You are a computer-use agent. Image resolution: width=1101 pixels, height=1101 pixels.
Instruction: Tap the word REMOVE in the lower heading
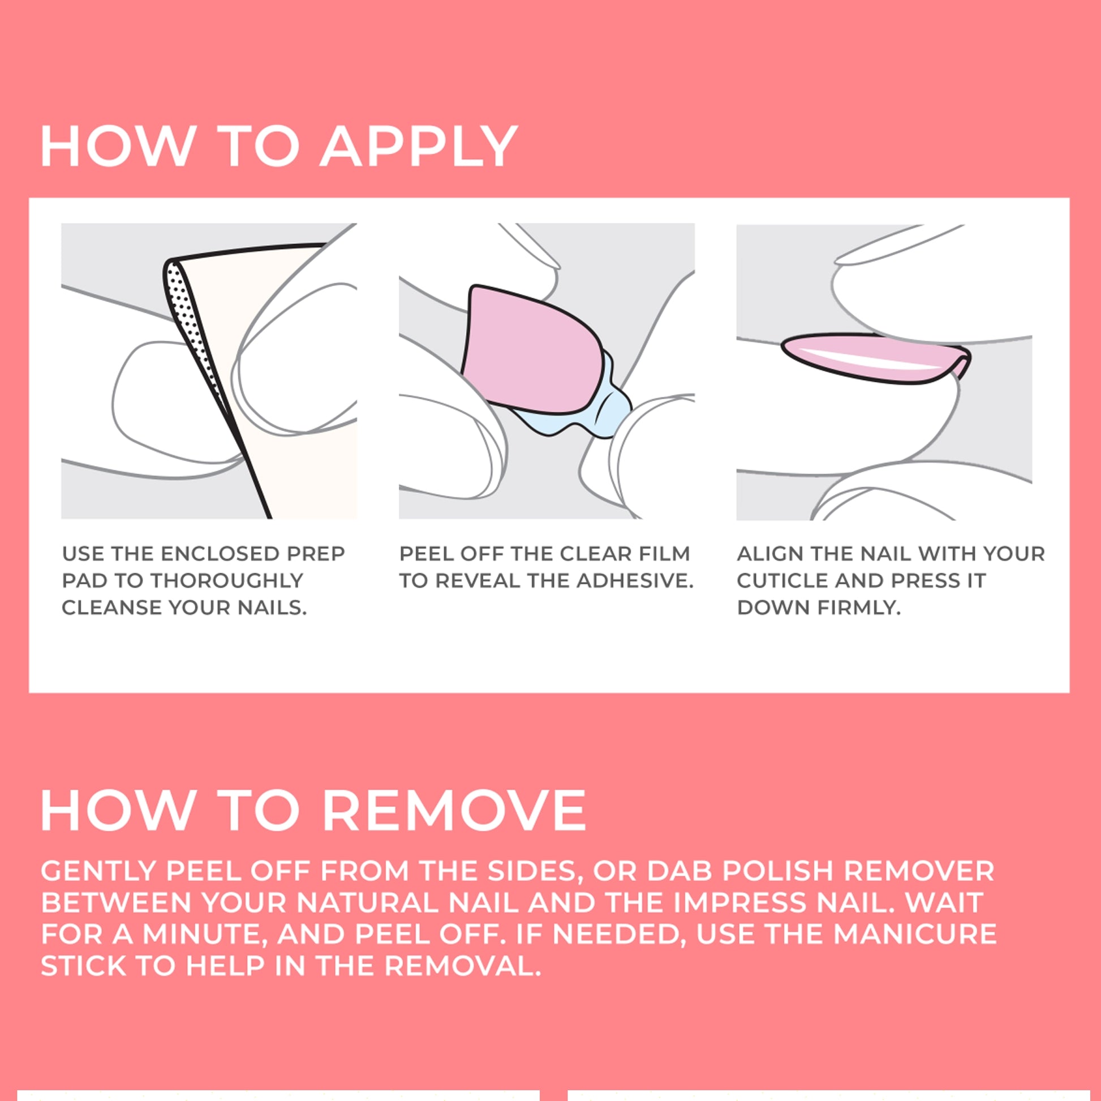pos(454,811)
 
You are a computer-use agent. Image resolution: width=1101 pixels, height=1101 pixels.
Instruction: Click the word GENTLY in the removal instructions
pos(98,871)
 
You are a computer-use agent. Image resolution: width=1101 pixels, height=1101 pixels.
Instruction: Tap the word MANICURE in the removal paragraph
pos(915,934)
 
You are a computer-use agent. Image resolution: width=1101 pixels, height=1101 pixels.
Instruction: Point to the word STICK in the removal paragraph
pos(84,966)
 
